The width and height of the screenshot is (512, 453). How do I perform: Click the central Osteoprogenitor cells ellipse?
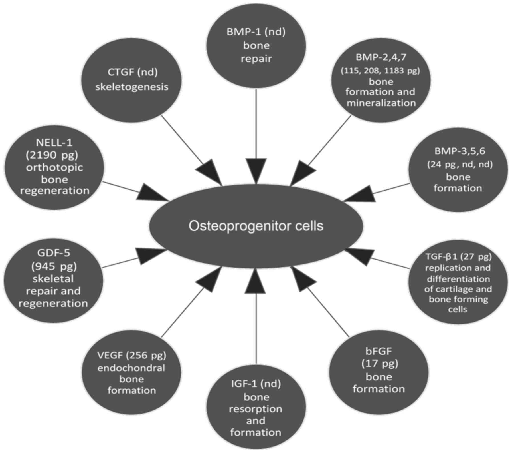256,226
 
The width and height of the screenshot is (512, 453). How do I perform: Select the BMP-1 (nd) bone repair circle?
256,46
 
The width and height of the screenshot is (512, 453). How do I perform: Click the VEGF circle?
131,373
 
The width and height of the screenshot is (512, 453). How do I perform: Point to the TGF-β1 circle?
458,283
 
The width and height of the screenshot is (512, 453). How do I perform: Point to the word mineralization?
381,103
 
